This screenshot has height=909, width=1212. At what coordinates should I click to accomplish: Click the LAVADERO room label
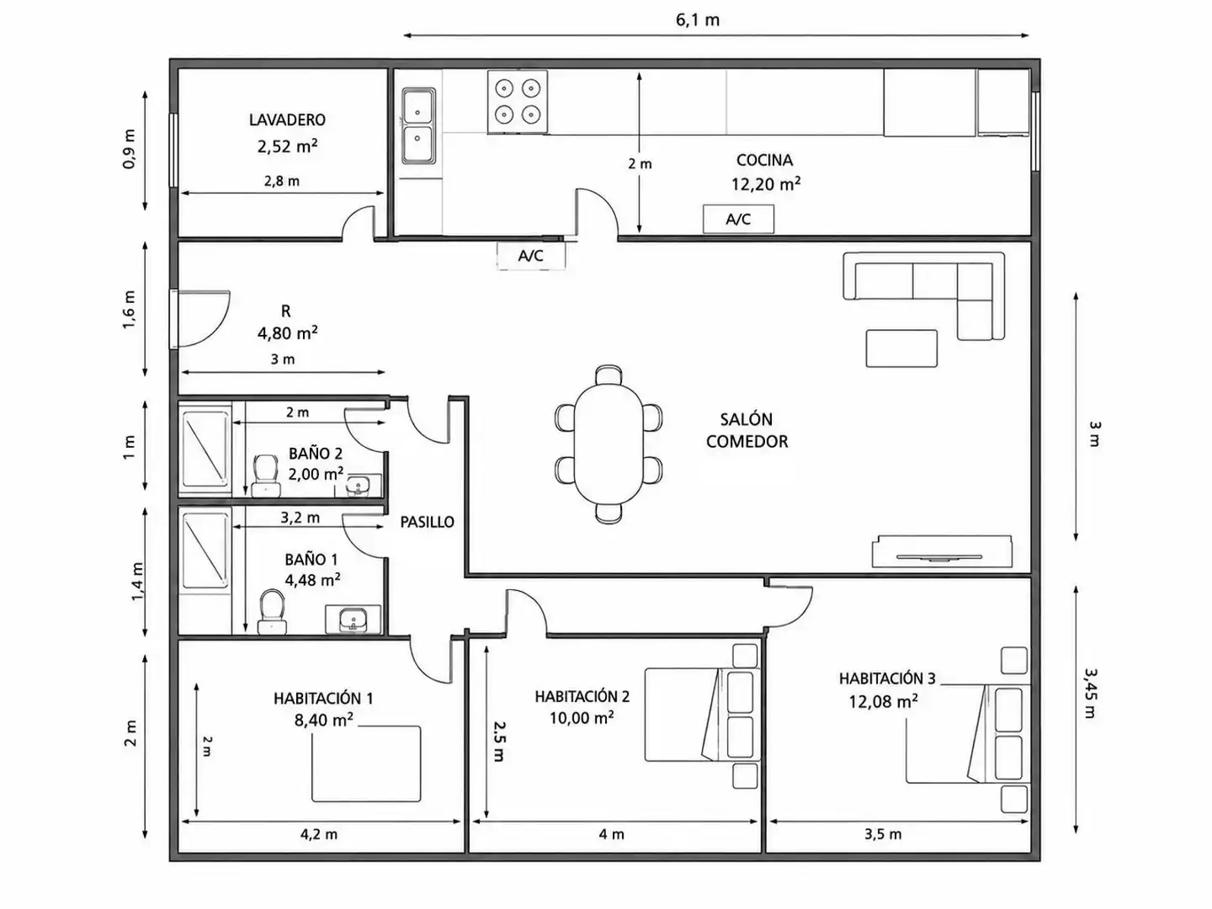tap(287, 120)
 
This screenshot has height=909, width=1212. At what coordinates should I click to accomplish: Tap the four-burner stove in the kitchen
tap(518, 102)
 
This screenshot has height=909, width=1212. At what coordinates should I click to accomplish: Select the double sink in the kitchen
tap(418, 126)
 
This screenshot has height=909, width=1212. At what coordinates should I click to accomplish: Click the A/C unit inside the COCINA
tap(738, 219)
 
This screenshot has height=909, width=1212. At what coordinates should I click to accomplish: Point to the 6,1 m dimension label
tap(698, 20)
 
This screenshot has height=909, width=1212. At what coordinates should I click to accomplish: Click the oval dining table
tap(609, 444)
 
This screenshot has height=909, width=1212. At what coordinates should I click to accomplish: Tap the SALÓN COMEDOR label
tap(747, 430)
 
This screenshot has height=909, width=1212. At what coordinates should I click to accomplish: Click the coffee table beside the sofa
tap(901, 348)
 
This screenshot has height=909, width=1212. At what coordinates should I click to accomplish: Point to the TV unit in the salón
tap(942, 550)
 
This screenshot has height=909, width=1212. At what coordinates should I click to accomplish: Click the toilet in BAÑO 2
tap(266, 476)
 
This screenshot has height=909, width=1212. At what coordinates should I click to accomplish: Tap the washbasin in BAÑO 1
tap(353, 619)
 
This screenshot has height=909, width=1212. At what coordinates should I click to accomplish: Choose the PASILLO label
tap(427, 522)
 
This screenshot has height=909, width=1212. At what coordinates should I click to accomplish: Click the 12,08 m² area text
tap(884, 701)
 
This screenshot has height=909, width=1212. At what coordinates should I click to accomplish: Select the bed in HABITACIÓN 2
tap(702, 715)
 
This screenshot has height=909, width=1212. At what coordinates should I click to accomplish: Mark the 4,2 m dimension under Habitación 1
tap(319, 834)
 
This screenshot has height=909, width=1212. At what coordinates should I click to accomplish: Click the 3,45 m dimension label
tap(1090, 694)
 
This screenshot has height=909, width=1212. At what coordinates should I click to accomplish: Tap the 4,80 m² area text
tap(287, 332)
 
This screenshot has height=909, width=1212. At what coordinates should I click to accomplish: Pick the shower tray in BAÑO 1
tap(205, 552)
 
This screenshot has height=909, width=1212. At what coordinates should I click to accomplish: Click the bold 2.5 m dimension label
tap(498, 742)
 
